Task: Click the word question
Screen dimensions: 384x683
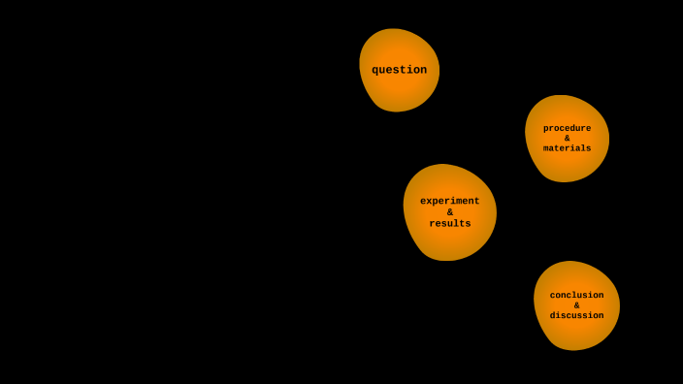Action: [399, 70]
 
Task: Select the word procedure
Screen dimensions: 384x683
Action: [567, 128]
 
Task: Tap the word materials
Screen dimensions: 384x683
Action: [567, 148]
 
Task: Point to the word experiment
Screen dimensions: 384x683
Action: [449, 201]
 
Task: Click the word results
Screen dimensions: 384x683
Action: [449, 224]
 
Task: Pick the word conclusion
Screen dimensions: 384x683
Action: [576, 295]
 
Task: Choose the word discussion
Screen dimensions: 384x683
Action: [576, 315]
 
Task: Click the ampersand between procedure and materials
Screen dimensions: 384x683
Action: [568, 139]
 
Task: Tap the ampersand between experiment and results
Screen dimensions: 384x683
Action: [450, 212]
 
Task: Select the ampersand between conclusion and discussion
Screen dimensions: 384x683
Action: [576, 305]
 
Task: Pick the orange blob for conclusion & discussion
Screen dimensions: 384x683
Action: [576, 333]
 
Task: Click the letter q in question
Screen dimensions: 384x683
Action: [375, 71]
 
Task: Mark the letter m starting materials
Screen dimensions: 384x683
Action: [546, 148]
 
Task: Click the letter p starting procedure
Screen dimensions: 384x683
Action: [546, 129]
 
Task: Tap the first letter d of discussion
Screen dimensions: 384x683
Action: [553, 315]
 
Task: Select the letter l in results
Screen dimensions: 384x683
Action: [457, 224]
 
